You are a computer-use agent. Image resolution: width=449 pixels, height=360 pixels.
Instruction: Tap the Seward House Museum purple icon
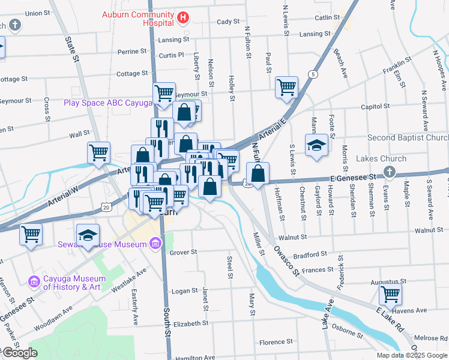[x=155, y=244]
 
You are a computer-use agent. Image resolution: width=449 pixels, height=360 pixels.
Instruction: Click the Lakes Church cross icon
[x=389, y=173]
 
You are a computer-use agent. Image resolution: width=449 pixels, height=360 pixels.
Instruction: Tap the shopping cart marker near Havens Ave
[x=391, y=295]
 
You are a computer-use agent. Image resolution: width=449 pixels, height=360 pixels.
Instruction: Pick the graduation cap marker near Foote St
[x=316, y=146]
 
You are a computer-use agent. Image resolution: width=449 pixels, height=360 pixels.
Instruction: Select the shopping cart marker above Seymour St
[x=163, y=93]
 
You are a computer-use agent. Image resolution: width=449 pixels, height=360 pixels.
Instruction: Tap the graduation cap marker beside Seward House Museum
[x=88, y=234]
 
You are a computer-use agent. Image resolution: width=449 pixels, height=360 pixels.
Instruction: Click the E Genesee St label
[x=352, y=178]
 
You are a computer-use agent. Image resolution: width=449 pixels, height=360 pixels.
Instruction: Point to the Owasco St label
[x=287, y=261]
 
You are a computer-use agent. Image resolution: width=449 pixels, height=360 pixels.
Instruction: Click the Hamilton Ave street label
[x=194, y=358]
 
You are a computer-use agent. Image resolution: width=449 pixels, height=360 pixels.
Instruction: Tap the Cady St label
[x=228, y=22]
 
